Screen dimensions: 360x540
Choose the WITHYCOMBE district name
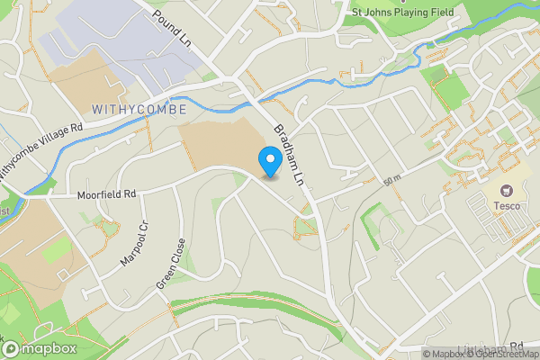point(139,109)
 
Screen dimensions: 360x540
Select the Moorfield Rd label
point(105,193)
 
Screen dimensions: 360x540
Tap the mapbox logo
point(40,348)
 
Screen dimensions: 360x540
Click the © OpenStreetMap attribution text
point(499,353)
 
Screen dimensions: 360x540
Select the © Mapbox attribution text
point(443,353)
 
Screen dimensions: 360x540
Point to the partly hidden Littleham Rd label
point(490,346)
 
